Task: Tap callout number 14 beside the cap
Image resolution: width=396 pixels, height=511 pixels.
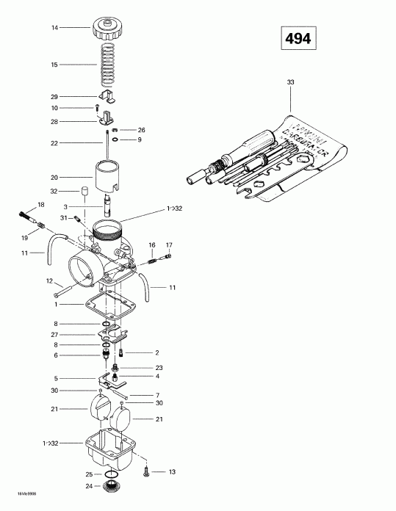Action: point(54,28)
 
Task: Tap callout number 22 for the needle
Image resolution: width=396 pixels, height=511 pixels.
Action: point(54,142)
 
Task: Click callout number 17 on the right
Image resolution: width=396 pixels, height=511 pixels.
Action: point(169,244)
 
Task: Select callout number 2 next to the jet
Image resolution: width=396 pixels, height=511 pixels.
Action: point(157,352)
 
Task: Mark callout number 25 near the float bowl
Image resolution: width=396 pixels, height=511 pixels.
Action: point(88,474)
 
